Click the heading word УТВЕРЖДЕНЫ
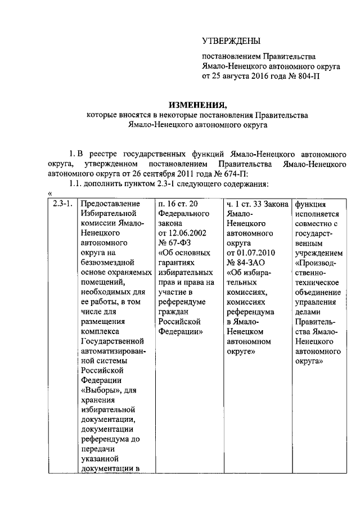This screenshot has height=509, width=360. pos(231,40)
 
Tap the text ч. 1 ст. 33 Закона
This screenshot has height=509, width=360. pos(257,204)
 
